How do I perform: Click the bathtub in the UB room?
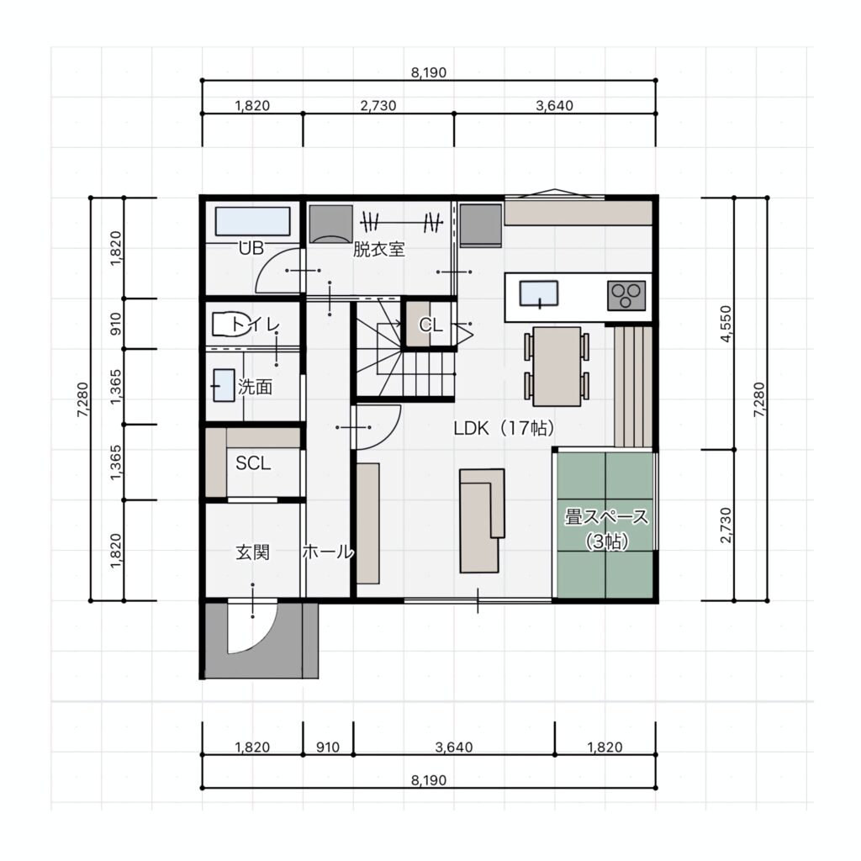pyautogui.click(x=252, y=221)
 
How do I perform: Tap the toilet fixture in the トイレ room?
pyautogui.click(x=226, y=325)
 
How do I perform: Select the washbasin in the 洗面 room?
pyautogui.click(x=224, y=385)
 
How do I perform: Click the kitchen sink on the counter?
pyautogui.click(x=539, y=293)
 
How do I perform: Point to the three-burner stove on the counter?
pyautogui.click(x=626, y=295)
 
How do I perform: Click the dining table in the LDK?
pyautogui.click(x=557, y=367)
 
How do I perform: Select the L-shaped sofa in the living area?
pyautogui.click(x=482, y=520)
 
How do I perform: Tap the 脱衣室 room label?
pyautogui.click(x=379, y=250)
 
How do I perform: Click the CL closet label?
pyautogui.click(x=430, y=325)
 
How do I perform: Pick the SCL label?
pyautogui.click(x=253, y=463)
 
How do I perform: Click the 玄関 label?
pyautogui.click(x=252, y=552)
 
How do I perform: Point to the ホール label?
pyautogui.click(x=328, y=552)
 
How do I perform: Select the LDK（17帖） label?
pyautogui.click(x=504, y=428)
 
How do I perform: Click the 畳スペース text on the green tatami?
pyautogui.click(x=606, y=517)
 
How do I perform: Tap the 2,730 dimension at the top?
pyautogui.click(x=378, y=105)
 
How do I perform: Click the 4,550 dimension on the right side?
pyautogui.click(x=726, y=324)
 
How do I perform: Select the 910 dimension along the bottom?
pyautogui.click(x=328, y=747)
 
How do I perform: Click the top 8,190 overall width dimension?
pyautogui.click(x=429, y=72)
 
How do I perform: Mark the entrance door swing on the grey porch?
pyautogui.click(x=252, y=627)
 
